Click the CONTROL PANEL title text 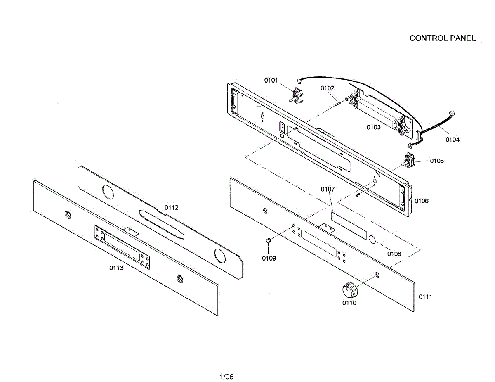coord(442,38)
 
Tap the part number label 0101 coord(271,80)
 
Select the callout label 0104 coord(452,140)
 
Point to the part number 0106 coord(422,201)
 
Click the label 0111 coord(425,297)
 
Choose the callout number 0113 coord(116,268)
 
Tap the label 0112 coord(172,207)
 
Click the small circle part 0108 coord(372,240)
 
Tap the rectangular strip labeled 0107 coord(349,225)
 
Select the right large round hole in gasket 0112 coord(220,256)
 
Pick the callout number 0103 coord(374,127)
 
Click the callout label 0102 coord(328,88)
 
